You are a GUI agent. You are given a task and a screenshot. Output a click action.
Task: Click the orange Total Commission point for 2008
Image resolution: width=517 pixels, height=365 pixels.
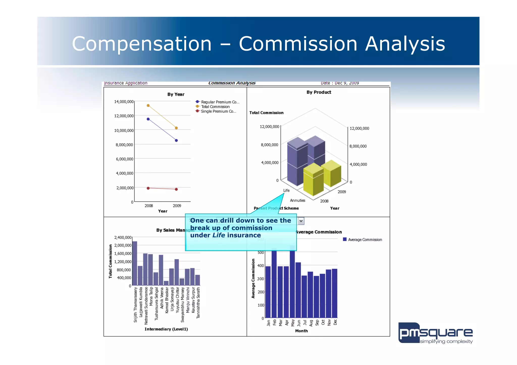tap(148, 105)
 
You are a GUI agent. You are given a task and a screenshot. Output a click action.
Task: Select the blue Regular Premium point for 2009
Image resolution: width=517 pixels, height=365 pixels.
tap(176, 141)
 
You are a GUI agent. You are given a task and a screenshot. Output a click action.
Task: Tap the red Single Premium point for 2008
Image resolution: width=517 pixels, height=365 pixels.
tap(148, 188)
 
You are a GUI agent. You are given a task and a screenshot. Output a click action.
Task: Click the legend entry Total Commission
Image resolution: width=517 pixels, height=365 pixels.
tap(215, 107)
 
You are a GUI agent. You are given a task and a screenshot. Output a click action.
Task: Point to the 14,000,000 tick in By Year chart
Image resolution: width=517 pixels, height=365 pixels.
tap(124, 102)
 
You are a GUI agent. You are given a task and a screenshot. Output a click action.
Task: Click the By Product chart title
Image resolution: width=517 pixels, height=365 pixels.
tap(319, 92)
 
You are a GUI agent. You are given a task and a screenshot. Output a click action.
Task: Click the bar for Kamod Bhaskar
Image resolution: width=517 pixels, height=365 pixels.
tap(166, 283)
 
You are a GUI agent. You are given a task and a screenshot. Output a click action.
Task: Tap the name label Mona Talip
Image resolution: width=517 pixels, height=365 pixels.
tap(151, 296)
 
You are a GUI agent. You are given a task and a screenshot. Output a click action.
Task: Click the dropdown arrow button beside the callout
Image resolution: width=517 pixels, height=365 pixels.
tap(301, 221)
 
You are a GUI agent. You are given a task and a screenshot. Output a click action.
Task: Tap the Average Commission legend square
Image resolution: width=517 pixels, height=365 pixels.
tap(345, 239)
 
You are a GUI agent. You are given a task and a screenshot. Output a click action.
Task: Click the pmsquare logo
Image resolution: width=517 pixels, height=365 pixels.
tap(435, 333)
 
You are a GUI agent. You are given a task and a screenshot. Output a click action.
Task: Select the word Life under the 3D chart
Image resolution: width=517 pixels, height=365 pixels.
tap(286, 190)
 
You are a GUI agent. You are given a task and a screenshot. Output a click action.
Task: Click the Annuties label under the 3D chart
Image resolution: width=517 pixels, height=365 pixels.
tap(297, 201)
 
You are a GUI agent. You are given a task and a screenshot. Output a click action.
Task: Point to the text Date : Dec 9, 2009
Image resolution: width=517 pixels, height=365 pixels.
tap(340, 83)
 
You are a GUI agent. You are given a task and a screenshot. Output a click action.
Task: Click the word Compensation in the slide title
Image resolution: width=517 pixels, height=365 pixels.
tap(142, 44)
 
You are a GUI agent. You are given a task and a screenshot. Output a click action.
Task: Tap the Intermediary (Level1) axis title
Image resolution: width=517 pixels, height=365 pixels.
tap(166, 329)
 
